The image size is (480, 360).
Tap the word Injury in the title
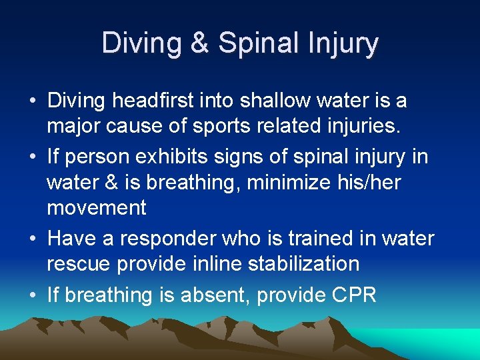pyautogui.click(x=341, y=43)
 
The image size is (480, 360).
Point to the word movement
pyautogui.click(x=96, y=208)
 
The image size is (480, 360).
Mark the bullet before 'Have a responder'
pyautogui.click(x=33, y=239)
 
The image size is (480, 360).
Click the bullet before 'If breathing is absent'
pyautogui.click(x=33, y=295)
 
